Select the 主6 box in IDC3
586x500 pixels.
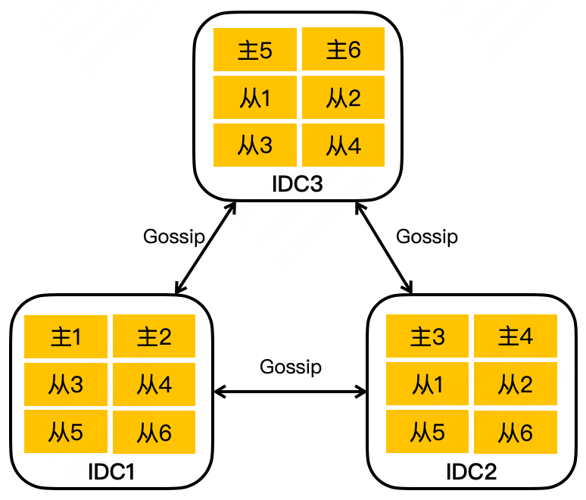(x=343, y=50)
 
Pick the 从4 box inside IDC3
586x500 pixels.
(x=343, y=145)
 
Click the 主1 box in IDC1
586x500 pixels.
(x=66, y=337)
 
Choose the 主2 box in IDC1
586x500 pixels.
(x=154, y=337)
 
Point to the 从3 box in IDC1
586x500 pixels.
(x=66, y=385)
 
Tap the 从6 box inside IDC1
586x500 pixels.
(x=154, y=432)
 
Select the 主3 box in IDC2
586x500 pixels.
(x=427, y=337)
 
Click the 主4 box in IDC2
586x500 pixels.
(x=516, y=337)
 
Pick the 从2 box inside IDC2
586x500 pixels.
(x=516, y=385)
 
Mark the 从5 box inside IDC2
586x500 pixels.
(x=427, y=432)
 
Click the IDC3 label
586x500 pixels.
(x=298, y=184)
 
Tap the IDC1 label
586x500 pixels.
(x=111, y=471)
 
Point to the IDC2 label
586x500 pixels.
(x=472, y=471)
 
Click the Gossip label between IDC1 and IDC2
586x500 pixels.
(x=291, y=367)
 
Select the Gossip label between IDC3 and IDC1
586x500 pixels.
(x=174, y=236)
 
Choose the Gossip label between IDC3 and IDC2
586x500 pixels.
(x=427, y=236)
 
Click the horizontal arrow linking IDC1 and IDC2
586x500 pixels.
(x=291, y=392)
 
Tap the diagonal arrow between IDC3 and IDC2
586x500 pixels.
(x=385, y=246)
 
